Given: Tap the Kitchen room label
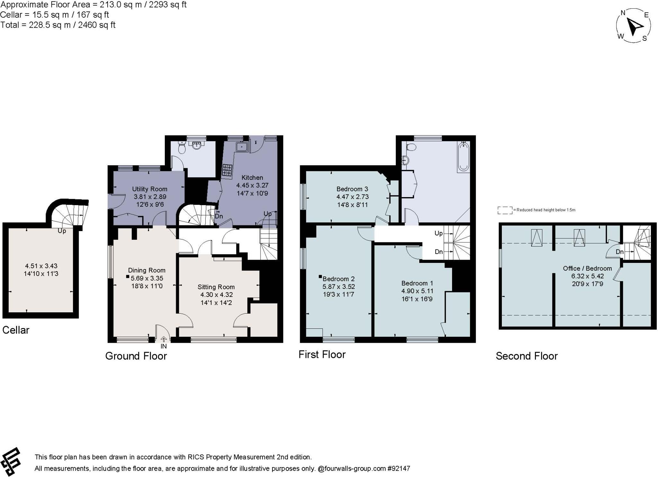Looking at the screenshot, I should click(252, 178).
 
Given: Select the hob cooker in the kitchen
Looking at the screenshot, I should click(227, 170).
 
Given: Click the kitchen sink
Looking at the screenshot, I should click(241, 147).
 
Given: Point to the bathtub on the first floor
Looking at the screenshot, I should click(463, 157).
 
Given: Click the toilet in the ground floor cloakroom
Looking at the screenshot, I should click(182, 148).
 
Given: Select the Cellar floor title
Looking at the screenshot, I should click(16, 330).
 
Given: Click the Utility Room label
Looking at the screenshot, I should click(150, 189).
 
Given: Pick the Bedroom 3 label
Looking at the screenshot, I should click(352, 189).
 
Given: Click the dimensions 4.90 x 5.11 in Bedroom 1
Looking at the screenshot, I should click(417, 291).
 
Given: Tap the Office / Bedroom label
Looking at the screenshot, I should click(587, 268).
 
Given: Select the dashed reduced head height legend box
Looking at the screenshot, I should click(505, 210).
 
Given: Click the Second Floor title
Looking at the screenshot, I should click(527, 356).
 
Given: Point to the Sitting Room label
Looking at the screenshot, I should click(216, 287).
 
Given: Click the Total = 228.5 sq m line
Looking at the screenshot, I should click(58, 25).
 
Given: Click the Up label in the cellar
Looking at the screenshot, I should click(62, 231).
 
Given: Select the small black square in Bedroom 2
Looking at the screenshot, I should click(320, 276).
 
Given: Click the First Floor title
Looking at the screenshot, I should click(322, 354).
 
